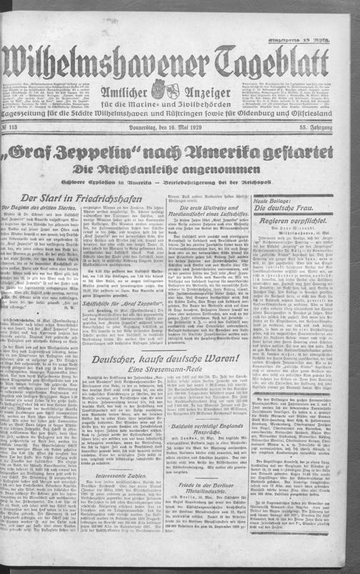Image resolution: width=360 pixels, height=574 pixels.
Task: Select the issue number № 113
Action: pos(16,128)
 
